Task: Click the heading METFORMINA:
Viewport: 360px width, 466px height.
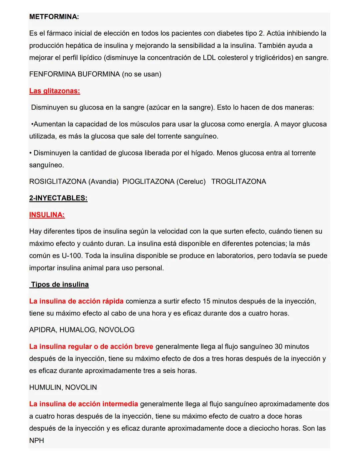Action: point(54,17)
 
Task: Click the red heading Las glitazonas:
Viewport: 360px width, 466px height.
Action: point(55,91)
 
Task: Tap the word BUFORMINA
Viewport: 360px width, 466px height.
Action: point(98,74)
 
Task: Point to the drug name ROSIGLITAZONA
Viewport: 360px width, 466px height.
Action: point(57,181)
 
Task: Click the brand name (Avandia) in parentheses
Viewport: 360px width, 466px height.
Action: point(103,181)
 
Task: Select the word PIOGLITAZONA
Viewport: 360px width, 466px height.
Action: point(148,181)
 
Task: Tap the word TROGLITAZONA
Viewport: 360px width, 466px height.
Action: point(238,181)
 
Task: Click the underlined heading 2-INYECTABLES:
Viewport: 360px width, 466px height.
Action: point(58,198)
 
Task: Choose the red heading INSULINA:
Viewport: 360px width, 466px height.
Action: point(47,215)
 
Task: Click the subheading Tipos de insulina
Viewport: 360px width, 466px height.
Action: point(60,285)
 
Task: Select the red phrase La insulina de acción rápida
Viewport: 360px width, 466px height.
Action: point(76,301)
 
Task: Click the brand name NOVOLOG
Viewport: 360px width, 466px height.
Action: point(117,330)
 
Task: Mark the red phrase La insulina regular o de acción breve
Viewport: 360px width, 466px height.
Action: point(91,347)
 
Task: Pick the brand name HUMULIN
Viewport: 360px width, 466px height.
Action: point(45,387)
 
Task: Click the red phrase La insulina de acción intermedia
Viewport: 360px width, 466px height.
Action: point(83,404)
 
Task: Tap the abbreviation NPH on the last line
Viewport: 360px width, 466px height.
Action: point(37,440)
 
